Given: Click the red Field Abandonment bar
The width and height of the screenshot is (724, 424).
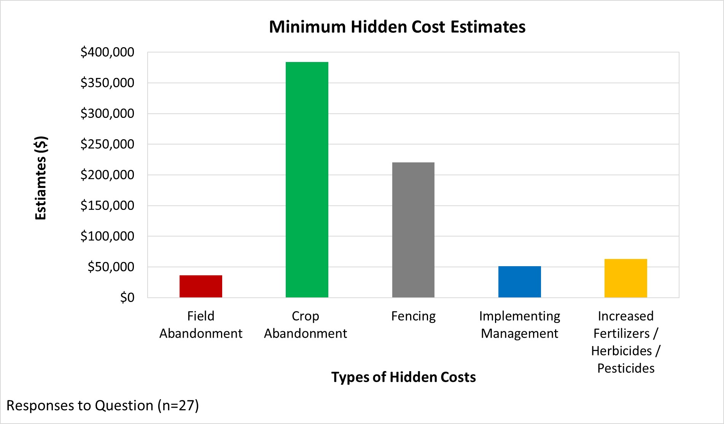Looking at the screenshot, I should point(200,286).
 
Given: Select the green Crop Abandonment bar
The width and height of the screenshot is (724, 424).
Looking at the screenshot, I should point(307,179).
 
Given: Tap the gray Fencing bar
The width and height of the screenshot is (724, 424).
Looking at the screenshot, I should point(413,230).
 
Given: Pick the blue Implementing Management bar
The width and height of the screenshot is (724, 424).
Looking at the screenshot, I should point(519,282).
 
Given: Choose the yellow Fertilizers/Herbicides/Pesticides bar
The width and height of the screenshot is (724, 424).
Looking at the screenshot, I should point(625,278).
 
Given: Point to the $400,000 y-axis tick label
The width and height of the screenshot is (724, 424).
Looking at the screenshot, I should point(107,52).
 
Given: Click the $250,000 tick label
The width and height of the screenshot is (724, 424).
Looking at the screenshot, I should point(107,144).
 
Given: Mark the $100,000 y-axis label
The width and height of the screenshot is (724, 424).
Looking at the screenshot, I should point(107,236).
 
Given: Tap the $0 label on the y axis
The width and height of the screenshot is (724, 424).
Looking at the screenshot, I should point(127,297).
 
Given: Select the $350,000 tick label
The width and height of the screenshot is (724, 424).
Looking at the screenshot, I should point(107,83).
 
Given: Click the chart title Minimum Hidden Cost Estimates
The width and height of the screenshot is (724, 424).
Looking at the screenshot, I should point(397,27).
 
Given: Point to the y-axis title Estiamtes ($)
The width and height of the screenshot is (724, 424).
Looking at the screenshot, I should point(41,178).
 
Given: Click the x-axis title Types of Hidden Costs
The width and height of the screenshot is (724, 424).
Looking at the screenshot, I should point(403,377).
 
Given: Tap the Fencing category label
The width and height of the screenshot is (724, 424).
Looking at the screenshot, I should point(413,316).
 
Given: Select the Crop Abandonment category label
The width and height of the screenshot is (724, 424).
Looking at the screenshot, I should point(306,324).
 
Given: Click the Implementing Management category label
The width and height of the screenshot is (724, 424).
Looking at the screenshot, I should point(519,324).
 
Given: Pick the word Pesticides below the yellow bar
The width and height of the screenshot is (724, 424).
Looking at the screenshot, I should point(625,368).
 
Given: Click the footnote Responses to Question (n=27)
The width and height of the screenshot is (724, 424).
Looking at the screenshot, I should point(103,405).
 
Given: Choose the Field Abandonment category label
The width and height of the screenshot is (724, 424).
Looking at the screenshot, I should point(200,324).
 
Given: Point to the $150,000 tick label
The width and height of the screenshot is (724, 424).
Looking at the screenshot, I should point(107,205).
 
